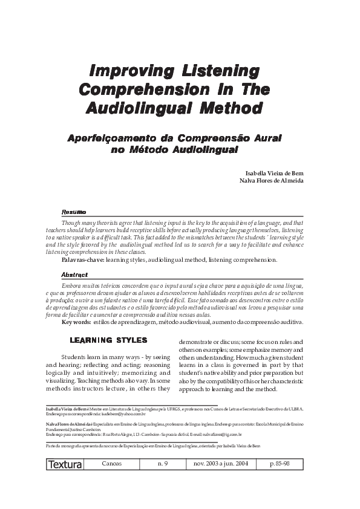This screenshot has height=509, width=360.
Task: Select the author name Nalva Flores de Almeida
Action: click(271, 180)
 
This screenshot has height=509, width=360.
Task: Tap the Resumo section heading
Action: click(74, 212)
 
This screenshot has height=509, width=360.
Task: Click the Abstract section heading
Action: click(75, 274)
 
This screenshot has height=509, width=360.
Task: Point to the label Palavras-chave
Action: click(83, 259)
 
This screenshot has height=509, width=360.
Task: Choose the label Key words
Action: click(76, 322)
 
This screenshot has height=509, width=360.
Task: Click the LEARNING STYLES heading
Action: click(108, 340)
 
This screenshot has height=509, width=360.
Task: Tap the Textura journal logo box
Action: click(64, 465)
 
